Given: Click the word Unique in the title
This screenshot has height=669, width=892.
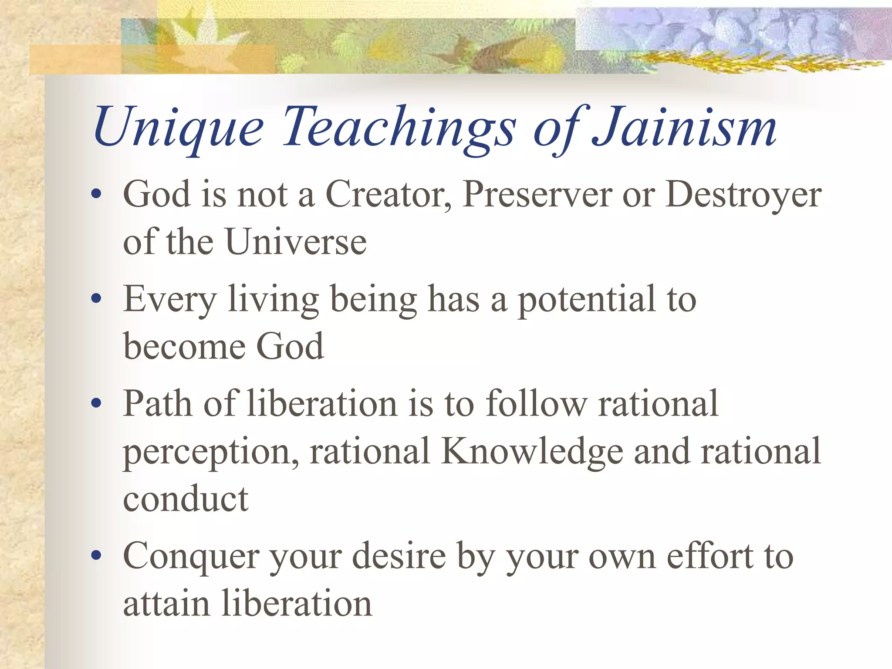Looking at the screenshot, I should coord(179,128).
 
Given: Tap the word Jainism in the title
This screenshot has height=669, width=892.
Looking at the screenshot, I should coord(684,128).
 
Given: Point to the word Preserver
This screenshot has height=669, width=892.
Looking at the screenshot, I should coord(537,194).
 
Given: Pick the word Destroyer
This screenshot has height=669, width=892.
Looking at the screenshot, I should coord(743,194).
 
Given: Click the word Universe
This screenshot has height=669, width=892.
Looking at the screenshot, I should coord(296,242).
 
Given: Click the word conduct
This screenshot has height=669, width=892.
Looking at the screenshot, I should coord(186,499).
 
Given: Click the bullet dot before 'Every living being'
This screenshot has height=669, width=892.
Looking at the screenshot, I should coord(97,299).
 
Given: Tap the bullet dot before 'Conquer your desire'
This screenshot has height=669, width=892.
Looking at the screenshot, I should coord(97,556).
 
